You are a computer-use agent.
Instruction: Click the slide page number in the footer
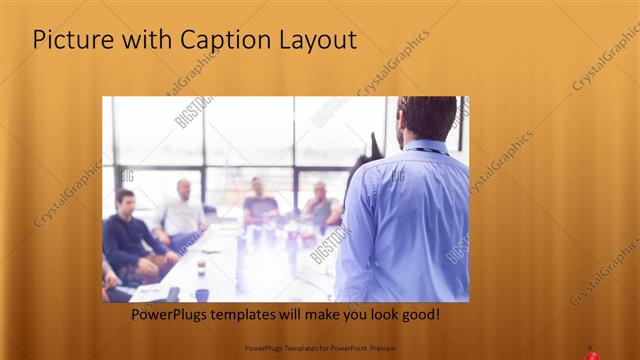coord(590,348)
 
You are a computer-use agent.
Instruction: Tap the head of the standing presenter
coord(426,118)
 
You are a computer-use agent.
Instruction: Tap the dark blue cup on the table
coord(202,294)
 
